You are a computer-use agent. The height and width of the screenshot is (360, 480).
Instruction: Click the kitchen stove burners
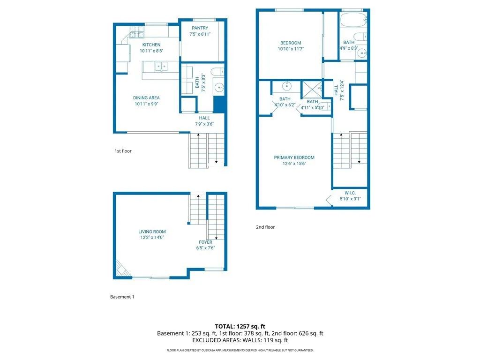pyautogui.click(x=137, y=34)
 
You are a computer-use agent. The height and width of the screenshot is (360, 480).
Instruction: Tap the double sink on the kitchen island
pyautogui.click(x=161, y=67)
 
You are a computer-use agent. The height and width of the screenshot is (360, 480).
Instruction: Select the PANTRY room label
pyautogui.click(x=200, y=29)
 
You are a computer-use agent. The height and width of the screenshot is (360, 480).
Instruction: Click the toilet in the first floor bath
pyautogui.click(x=217, y=72)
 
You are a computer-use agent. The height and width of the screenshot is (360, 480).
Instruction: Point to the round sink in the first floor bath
pyautogui.click(x=218, y=87)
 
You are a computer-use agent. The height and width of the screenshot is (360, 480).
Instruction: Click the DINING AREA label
pyautogui.click(x=147, y=98)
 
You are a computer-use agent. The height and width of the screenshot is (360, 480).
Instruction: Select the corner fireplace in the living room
pyautogui.click(x=120, y=270)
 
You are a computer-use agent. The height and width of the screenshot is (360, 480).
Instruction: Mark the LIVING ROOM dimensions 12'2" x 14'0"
pyautogui.click(x=152, y=238)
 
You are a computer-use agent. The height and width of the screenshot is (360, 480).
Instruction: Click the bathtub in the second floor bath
pyautogui.click(x=353, y=21)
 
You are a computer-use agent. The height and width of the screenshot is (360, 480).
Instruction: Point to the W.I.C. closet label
pyautogui.click(x=350, y=192)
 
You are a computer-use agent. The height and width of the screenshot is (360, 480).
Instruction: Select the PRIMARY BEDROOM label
pyautogui.click(x=294, y=157)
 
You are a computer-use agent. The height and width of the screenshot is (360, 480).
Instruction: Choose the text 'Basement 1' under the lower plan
pyautogui.click(x=122, y=297)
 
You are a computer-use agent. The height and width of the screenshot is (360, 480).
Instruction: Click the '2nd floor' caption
pyautogui.click(x=265, y=227)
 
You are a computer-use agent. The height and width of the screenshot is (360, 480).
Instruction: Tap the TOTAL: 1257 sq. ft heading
pyautogui.click(x=240, y=326)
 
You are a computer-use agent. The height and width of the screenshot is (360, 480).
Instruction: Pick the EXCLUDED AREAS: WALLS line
pyautogui.click(x=240, y=341)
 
